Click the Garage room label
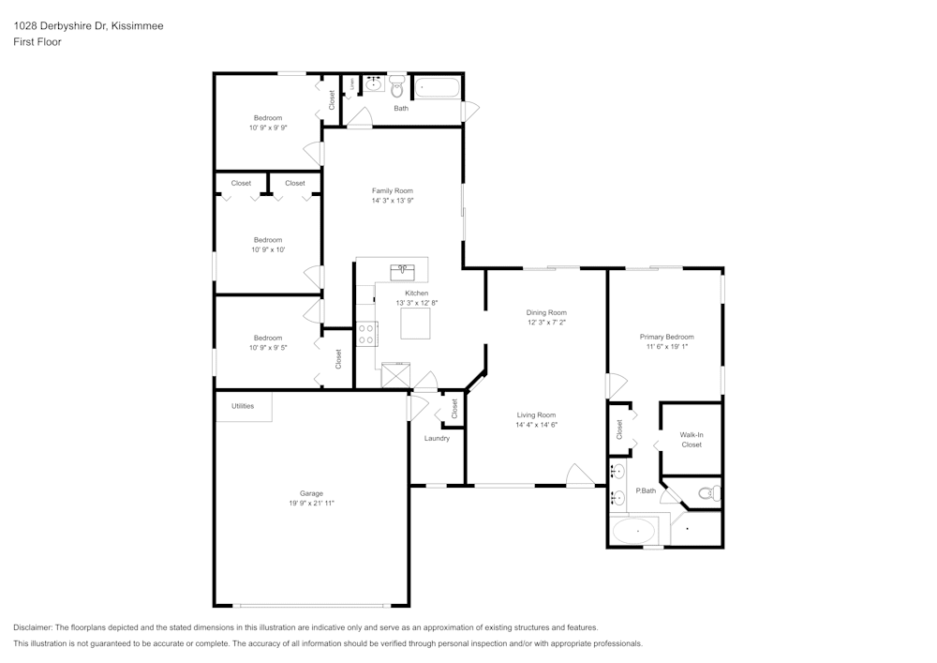(x=311, y=493)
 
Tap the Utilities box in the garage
(x=243, y=406)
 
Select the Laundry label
(x=437, y=438)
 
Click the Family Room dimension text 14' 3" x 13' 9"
(x=392, y=201)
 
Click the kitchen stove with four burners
(x=365, y=334)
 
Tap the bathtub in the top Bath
(x=437, y=88)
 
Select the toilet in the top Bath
(x=397, y=88)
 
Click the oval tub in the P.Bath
(x=634, y=532)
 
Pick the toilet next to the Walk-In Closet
(x=708, y=492)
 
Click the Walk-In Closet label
(x=692, y=439)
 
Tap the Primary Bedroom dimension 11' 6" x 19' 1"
(x=667, y=347)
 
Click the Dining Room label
(x=546, y=312)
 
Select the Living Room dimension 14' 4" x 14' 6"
(x=536, y=425)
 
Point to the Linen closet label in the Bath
(x=352, y=84)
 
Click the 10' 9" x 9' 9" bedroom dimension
(x=268, y=128)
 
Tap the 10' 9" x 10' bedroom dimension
(x=268, y=249)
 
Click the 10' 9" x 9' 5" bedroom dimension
(x=268, y=347)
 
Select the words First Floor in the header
(x=37, y=42)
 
